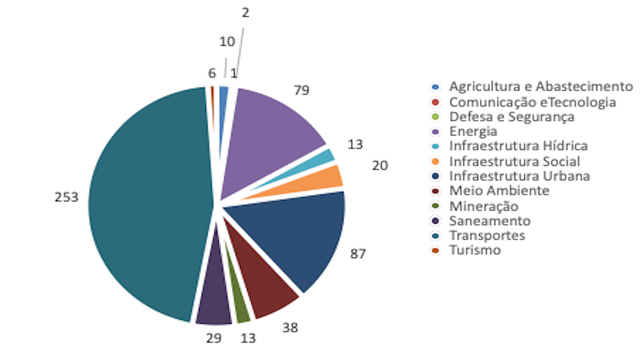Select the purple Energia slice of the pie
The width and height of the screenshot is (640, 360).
pos(269,137)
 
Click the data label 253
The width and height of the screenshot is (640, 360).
pos(66,197)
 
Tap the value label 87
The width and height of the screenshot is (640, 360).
pos(357,254)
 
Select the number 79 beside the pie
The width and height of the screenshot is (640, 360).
pos(302,91)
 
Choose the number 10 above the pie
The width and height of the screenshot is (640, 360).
pos(227,42)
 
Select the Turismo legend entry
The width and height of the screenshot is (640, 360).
pos(475,250)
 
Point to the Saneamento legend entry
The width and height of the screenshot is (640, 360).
pos(490,221)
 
